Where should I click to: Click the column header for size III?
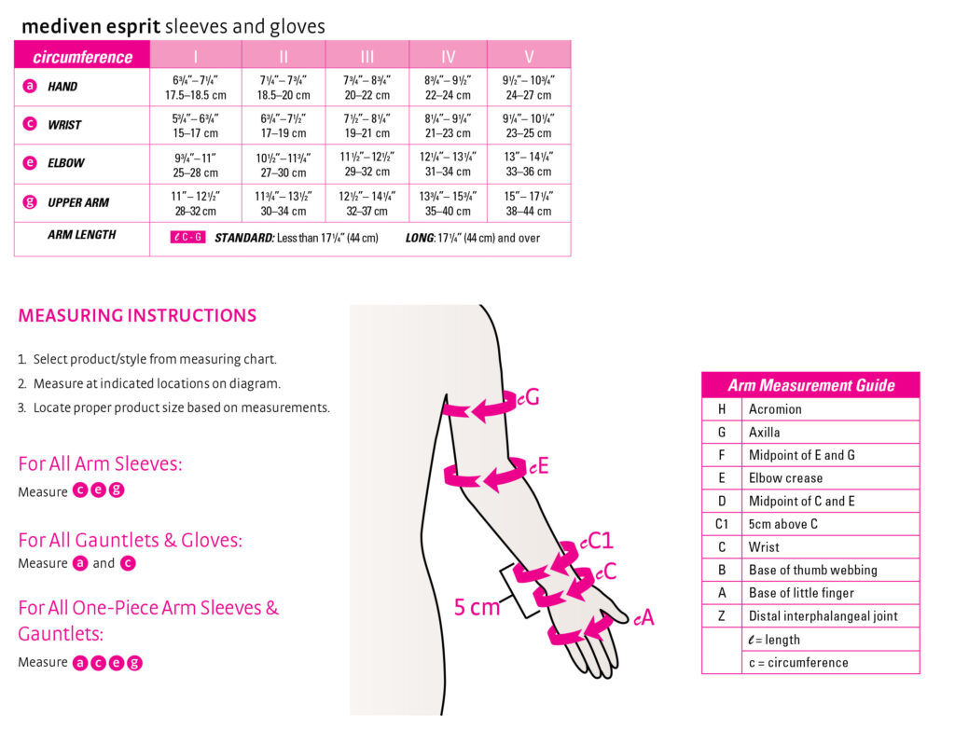[367, 56]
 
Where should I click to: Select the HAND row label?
[62, 87]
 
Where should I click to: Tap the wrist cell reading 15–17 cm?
[196, 126]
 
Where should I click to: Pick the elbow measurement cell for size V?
[529, 164]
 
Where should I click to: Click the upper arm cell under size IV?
[448, 203]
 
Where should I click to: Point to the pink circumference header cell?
[82, 56]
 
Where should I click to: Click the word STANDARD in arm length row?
[244, 238]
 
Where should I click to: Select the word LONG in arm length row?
[420, 238]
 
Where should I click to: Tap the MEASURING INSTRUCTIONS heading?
[138, 315]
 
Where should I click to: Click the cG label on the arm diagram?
[529, 397]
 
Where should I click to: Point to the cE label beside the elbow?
[539, 466]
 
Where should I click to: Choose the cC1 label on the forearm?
[597, 541]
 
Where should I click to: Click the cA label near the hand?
[644, 617]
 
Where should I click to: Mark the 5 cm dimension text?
[477, 607]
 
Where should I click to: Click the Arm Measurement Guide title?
[811, 385]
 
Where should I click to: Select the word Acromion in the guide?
[775, 409]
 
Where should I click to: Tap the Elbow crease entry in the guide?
[785, 478]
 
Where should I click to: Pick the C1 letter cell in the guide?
[722, 524]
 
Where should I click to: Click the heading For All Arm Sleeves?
[100, 463]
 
